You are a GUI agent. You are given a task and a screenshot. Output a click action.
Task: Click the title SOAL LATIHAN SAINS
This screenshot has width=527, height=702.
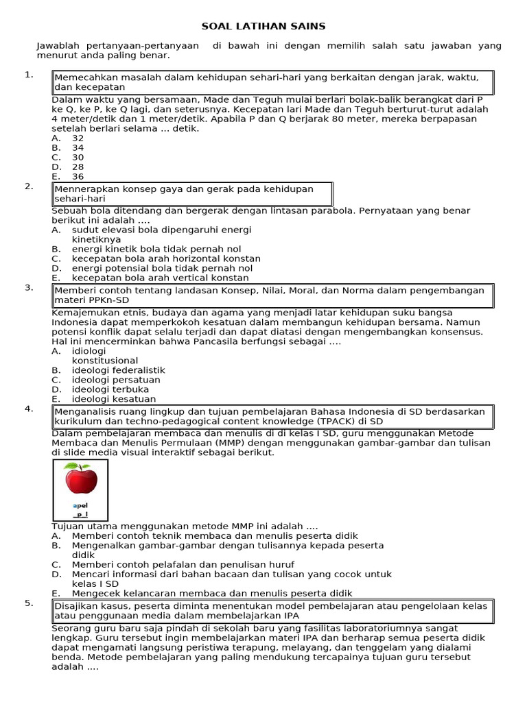pos(263,26)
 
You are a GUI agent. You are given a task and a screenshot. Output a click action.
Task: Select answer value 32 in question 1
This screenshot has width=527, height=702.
pos(78,138)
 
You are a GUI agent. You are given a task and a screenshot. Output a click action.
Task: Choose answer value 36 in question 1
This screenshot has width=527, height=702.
pos(78,176)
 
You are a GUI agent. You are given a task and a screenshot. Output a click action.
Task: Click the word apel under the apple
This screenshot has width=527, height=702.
pos(80,505)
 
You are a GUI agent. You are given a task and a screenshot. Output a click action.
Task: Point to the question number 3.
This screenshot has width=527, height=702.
pos(30,287)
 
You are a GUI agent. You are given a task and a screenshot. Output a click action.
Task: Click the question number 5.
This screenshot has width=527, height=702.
pos(30,603)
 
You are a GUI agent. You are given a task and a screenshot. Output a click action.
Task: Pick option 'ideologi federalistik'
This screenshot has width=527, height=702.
pos(118,370)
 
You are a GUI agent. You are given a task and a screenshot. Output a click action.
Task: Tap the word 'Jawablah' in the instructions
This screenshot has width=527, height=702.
pos(56,45)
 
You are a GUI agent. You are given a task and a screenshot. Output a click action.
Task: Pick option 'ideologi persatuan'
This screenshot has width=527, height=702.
pos(115,380)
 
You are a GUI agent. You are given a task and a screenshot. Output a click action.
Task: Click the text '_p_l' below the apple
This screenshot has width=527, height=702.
pos(80,514)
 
